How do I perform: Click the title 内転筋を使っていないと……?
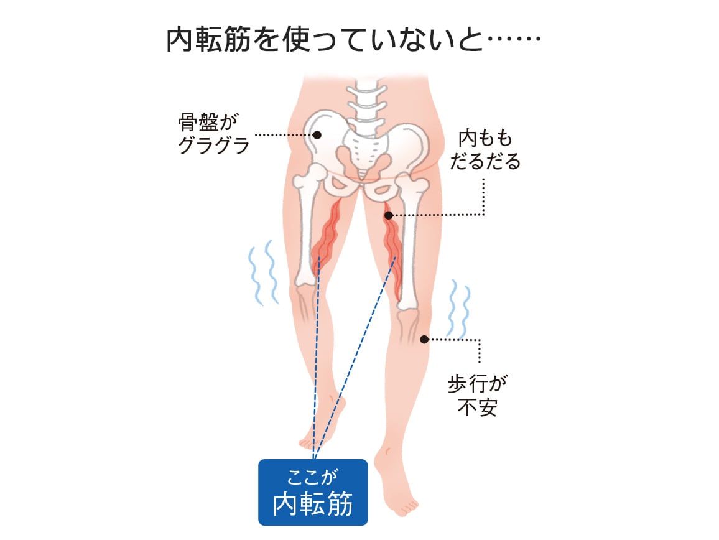click(353, 40)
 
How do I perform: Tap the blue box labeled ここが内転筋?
click(313, 492)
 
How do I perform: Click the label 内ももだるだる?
click(485, 150)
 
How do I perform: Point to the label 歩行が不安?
click(477, 396)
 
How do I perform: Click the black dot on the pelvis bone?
click(317, 135)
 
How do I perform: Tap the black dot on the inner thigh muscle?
click(389, 215)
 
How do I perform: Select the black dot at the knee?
click(425, 340)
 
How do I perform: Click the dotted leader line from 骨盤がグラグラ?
click(284, 135)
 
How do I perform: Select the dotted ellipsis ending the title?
click(514, 39)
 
